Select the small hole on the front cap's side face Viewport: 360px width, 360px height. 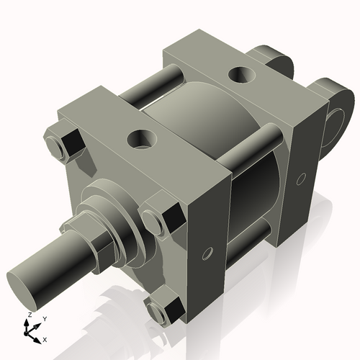(x=208, y=253)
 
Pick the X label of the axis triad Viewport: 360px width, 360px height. (x=45, y=338)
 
